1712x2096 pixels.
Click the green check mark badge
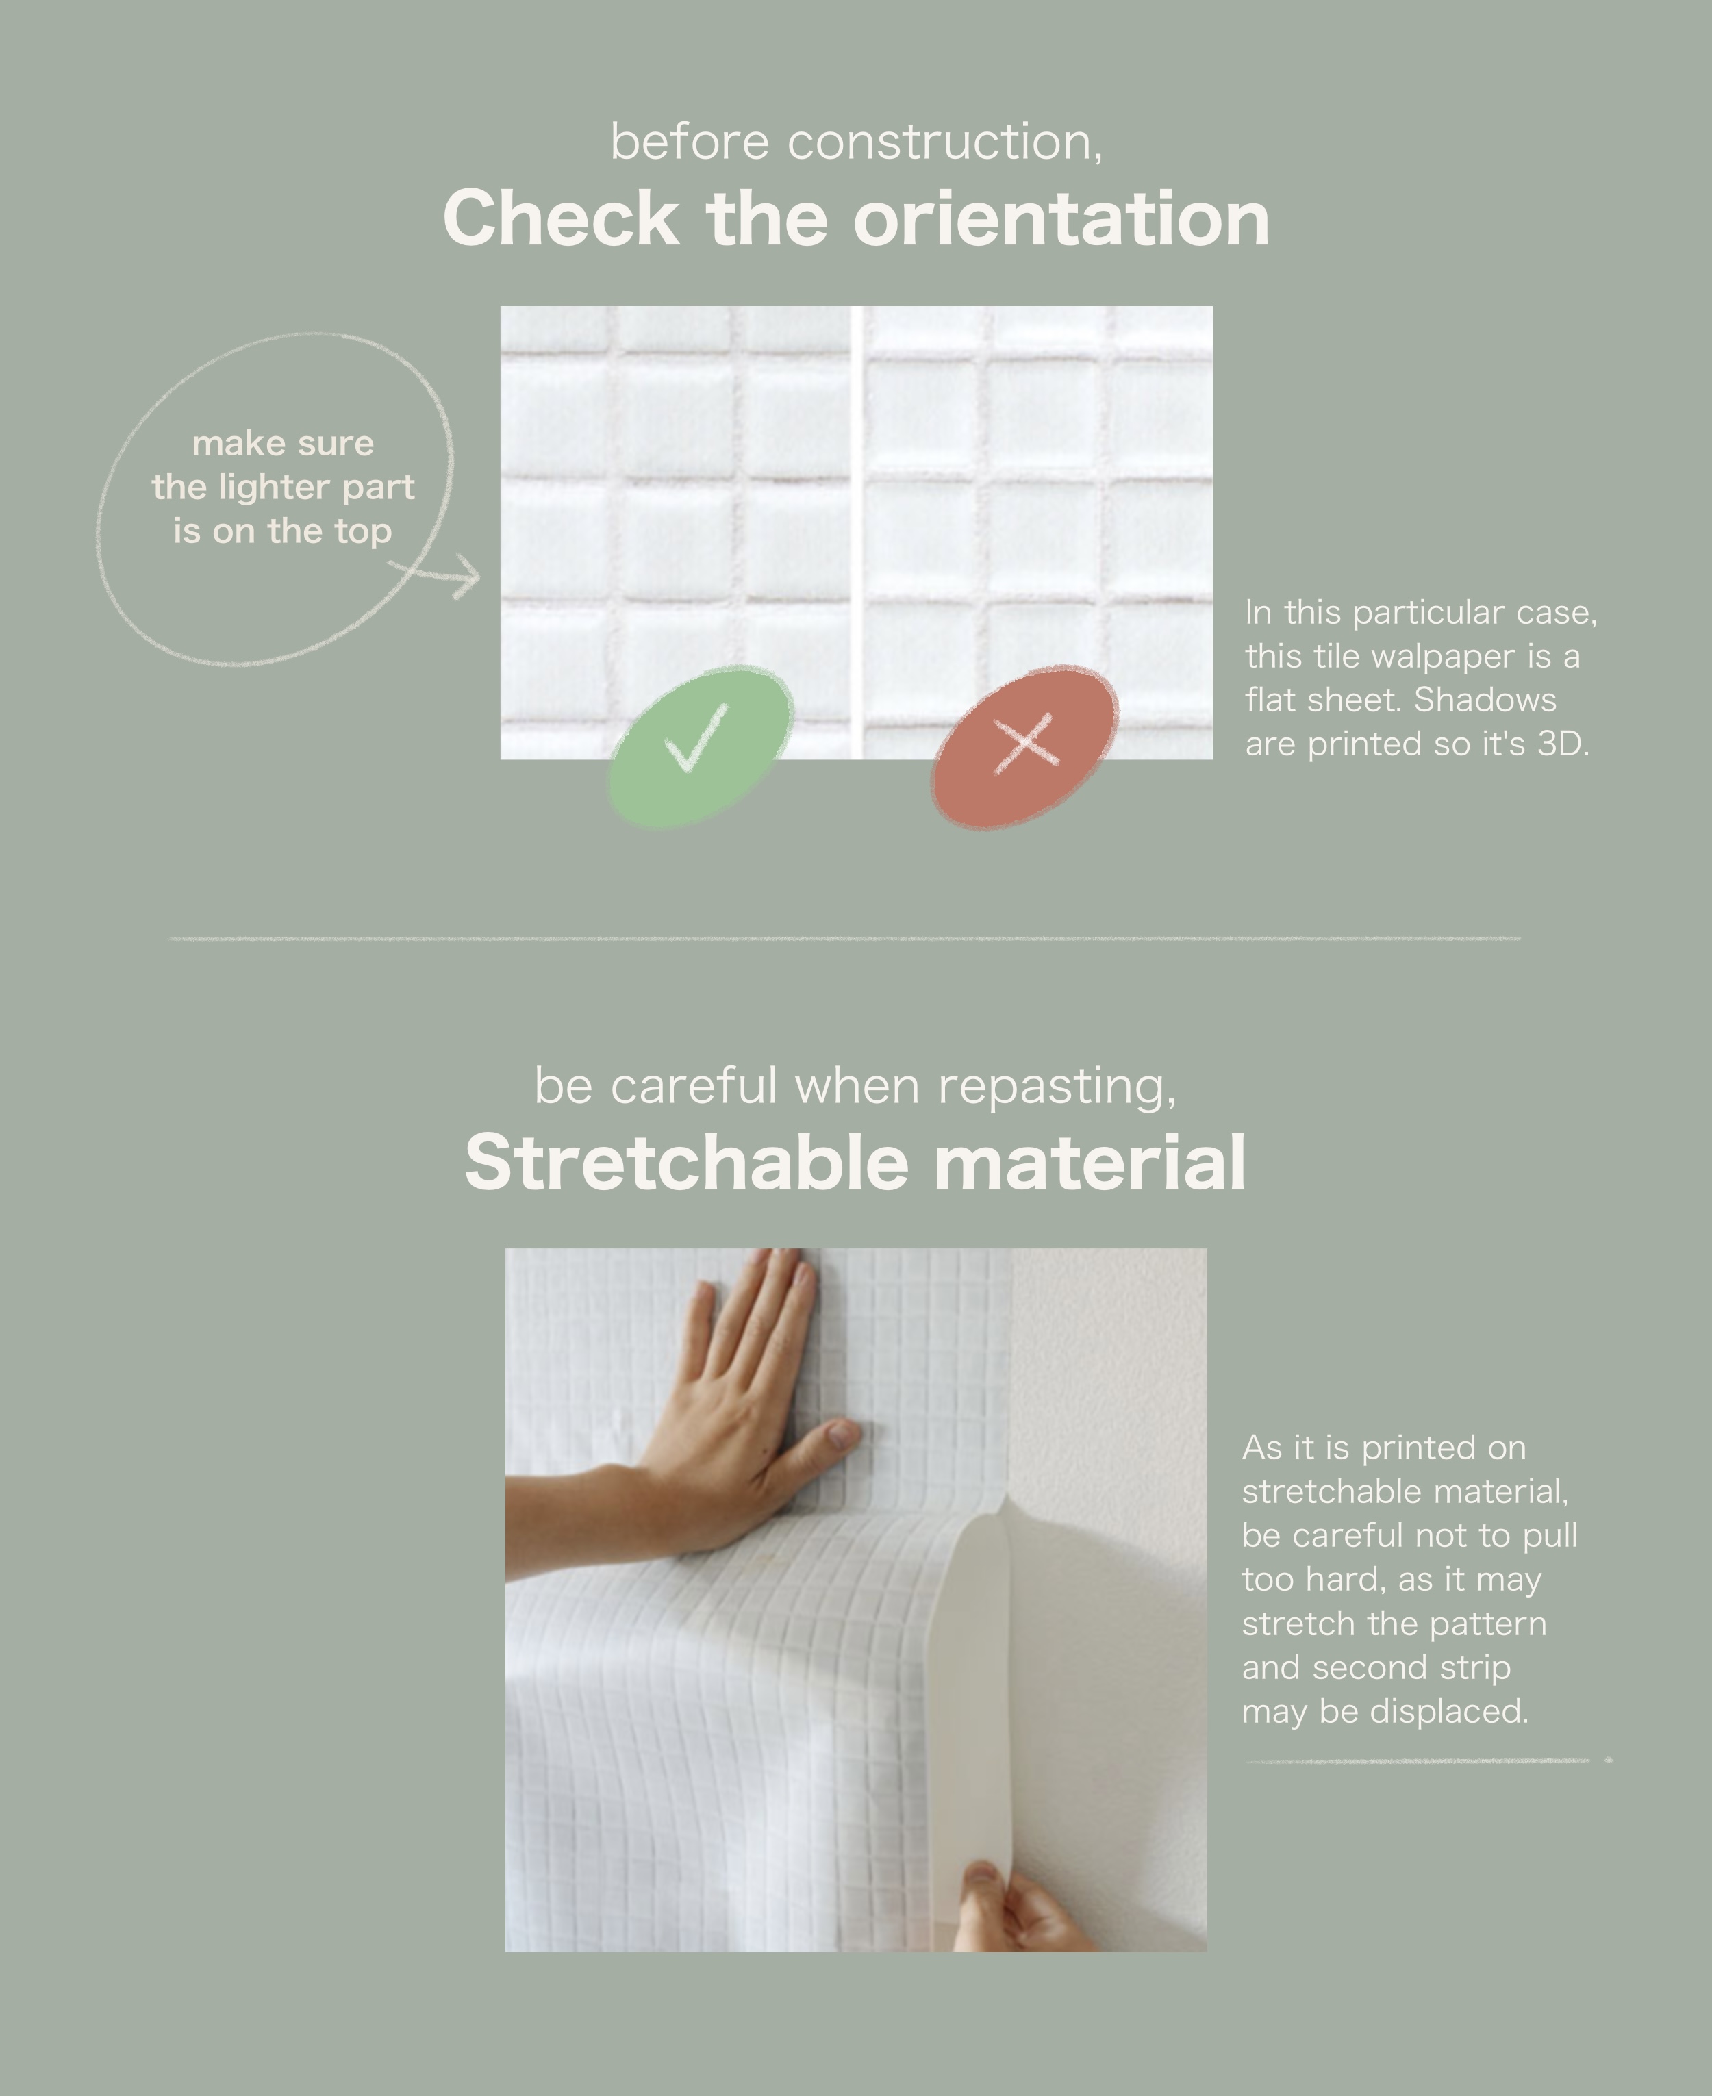[700, 746]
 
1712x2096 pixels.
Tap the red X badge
[1024, 746]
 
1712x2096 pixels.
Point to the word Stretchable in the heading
[686, 1161]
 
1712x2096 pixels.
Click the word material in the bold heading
[1090, 1161]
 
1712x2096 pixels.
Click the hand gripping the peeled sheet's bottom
[1026, 1908]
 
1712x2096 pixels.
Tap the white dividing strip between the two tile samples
[857, 532]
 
